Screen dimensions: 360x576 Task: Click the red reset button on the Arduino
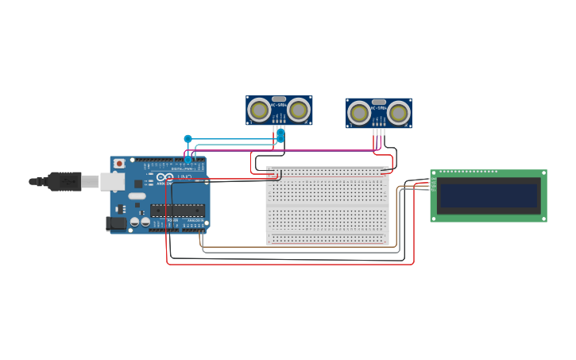click(x=119, y=163)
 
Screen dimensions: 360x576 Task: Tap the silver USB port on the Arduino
click(x=112, y=182)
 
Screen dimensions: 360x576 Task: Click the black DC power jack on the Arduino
click(x=116, y=224)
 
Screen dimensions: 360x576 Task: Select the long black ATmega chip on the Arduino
click(x=177, y=210)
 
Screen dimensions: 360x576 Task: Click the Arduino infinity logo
click(x=165, y=176)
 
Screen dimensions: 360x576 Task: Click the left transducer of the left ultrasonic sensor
click(x=259, y=110)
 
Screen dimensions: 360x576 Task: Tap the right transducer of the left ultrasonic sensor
click(x=299, y=110)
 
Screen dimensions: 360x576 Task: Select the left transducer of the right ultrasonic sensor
click(x=359, y=113)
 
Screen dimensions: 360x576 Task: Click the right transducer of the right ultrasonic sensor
click(x=399, y=113)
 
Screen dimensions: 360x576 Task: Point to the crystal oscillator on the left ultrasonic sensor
click(x=279, y=99)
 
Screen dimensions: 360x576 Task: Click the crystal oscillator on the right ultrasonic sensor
click(x=379, y=102)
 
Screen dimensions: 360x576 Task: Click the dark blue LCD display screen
click(x=489, y=195)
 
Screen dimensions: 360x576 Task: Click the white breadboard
click(x=327, y=206)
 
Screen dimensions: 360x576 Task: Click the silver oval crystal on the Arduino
click(x=137, y=195)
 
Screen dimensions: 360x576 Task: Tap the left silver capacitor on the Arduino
click(x=135, y=222)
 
